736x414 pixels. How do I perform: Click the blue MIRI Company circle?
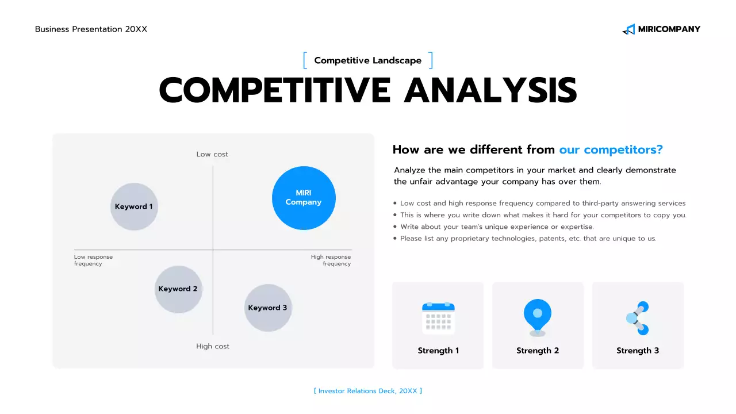(304, 198)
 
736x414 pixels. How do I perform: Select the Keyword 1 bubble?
(134, 206)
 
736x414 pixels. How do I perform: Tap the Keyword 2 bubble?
(178, 289)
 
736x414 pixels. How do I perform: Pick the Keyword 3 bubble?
(268, 308)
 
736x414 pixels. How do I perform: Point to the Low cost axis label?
(212, 154)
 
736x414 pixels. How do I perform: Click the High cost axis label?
(213, 346)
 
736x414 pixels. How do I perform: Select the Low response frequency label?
(93, 260)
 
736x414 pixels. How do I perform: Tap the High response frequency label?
(331, 260)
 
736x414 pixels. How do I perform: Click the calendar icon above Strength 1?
(438, 318)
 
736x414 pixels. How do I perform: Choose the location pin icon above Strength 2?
(538, 317)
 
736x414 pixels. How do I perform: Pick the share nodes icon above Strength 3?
(638, 318)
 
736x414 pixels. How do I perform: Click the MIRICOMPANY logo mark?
(628, 29)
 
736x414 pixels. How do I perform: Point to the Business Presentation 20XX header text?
(91, 29)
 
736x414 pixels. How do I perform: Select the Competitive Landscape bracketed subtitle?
(368, 60)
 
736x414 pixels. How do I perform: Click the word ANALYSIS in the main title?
(490, 90)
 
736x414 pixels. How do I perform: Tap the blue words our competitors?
(611, 149)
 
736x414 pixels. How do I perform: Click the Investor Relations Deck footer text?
(368, 391)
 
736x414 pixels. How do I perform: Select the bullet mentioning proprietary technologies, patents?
(528, 239)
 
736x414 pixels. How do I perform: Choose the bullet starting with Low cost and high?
(542, 204)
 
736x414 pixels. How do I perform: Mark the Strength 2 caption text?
(538, 351)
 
